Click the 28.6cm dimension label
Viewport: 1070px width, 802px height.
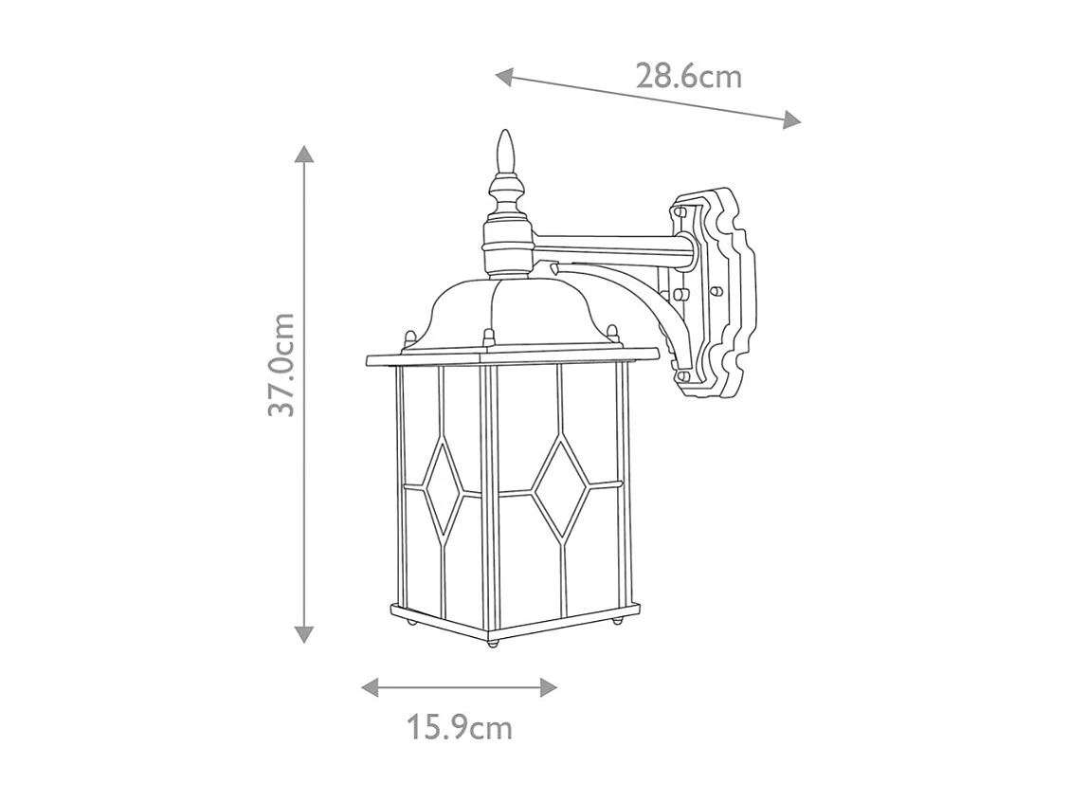pyautogui.click(x=688, y=76)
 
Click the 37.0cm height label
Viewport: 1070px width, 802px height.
pyautogui.click(x=281, y=364)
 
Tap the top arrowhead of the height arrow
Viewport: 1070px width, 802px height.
pyautogui.click(x=303, y=155)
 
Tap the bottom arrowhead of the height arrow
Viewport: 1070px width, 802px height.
pyautogui.click(x=303, y=634)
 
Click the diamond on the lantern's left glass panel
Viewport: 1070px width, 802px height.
pyautogui.click(x=442, y=489)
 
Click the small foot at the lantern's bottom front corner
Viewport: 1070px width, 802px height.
pyautogui.click(x=492, y=643)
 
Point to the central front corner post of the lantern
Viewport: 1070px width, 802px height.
pyautogui.click(x=489, y=498)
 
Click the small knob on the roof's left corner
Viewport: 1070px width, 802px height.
pyautogui.click(x=409, y=337)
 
